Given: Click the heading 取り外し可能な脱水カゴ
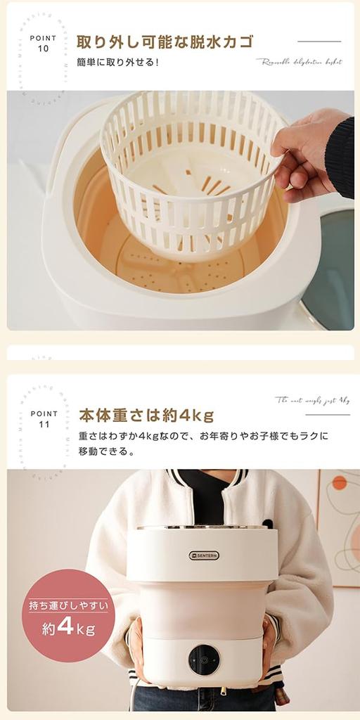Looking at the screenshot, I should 165,41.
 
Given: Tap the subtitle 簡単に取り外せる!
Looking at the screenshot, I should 118,62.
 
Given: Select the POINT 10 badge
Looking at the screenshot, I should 44,44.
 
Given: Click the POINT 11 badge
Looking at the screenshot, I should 44,419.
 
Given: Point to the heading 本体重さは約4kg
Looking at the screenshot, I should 146,415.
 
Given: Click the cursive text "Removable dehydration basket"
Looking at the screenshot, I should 299,62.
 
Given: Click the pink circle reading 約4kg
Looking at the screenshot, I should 68,615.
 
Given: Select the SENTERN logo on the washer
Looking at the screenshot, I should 203,555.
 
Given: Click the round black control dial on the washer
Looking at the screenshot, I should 203,660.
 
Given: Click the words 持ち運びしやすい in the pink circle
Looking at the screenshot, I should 68,604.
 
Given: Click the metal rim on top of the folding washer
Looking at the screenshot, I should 202,527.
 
